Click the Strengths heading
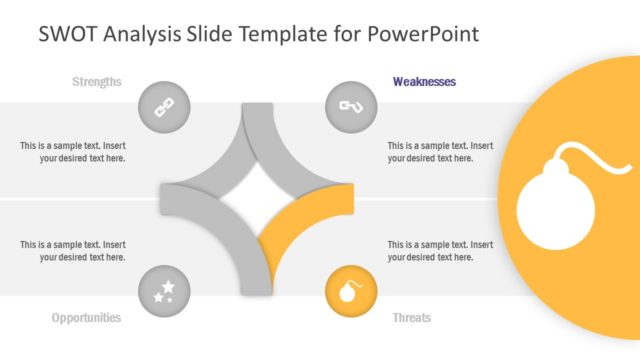(x=97, y=82)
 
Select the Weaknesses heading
(x=424, y=82)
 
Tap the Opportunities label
(x=86, y=318)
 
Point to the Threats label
(x=412, y=318)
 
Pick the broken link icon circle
(x=351, y=105)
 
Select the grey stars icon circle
(x=163, y=291)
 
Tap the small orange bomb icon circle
(x=351, y=291)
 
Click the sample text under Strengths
(x=73, y=151)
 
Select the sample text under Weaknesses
(x=440, y=151)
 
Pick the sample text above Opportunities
(x=73, y=250)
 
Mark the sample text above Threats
(x=440, y=250)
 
